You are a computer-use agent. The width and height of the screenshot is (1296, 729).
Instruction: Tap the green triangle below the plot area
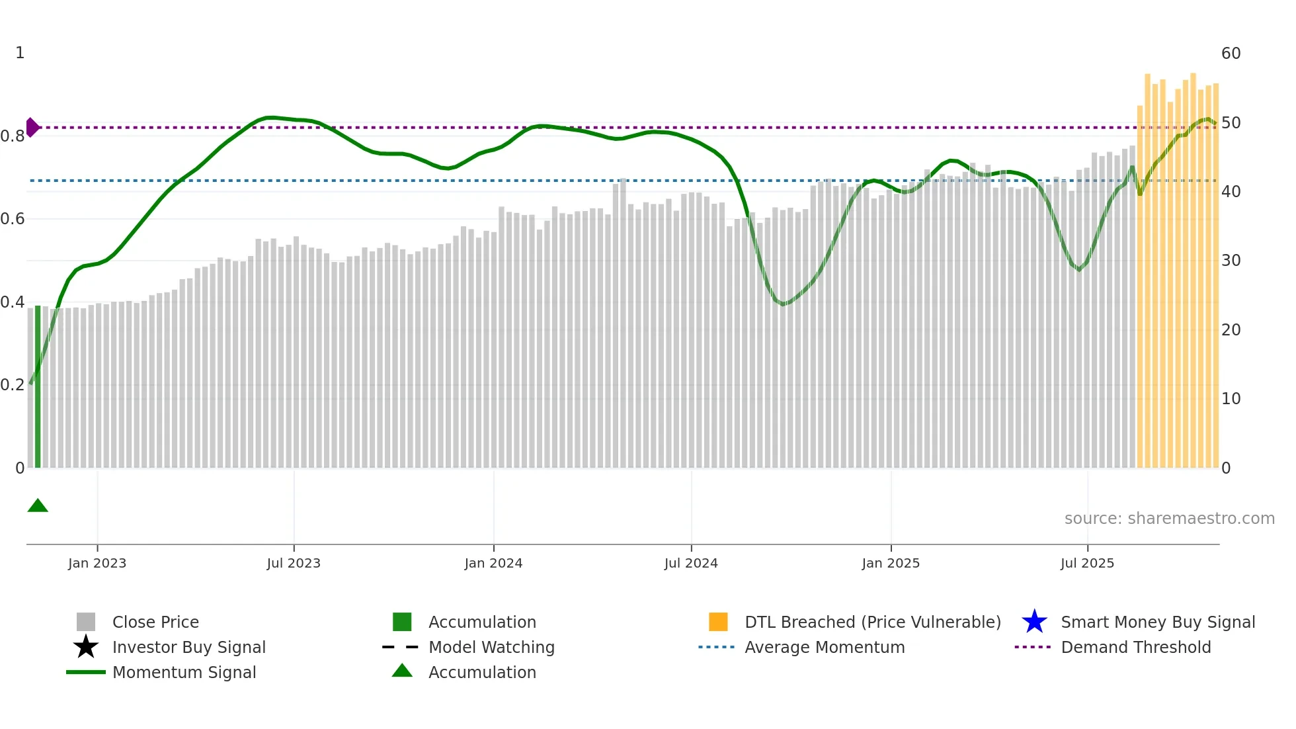[x=38, y=506]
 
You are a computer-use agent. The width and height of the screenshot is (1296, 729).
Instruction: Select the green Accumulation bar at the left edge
[x=38, y=386]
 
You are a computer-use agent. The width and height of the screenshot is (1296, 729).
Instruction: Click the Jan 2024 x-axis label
[x=493, y=563]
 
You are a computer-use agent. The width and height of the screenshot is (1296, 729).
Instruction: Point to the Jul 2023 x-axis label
[x=294, y=563]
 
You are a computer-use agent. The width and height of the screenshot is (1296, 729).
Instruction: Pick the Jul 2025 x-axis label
[x=1087, y=563]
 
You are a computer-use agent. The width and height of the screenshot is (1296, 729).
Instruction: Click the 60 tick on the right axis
[x=1231, y=54]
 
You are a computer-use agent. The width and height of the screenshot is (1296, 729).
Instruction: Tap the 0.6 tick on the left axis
[x=13, y=219]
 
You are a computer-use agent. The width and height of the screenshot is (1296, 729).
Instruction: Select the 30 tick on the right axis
[x=1231, y=261]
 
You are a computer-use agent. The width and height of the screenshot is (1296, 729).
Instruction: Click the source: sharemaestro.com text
[x=1169, y=519]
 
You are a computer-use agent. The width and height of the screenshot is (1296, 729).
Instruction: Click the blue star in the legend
[x=1034, y=622]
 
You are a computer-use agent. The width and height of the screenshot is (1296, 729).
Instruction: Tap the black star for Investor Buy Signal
[x=86, y=647]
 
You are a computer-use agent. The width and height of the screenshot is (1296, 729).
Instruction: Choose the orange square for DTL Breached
[x=718, y=622]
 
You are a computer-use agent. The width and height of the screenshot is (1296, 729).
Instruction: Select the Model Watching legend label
[x=491, y=647]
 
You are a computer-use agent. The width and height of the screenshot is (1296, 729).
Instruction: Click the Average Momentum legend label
[x=825, y=647]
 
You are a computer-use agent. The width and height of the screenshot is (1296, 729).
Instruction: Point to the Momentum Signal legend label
[x=184, y=672]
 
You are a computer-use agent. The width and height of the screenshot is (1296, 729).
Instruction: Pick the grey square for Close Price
[x=86, y=622]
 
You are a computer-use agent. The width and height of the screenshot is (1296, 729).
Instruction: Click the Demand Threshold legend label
[x=1135, y=647]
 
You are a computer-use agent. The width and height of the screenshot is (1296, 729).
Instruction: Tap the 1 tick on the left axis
[x=20, y=53]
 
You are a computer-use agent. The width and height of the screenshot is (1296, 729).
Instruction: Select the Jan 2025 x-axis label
[x=891, y=563]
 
